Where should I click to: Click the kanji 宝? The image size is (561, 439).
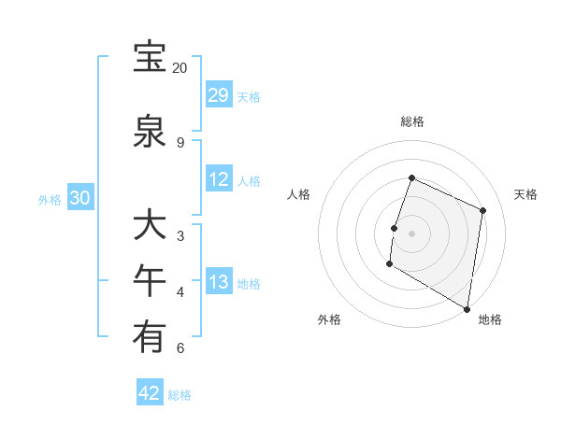pyautogui.click(x=150, y=58)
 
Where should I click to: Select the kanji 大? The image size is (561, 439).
pyautogui.click(x=150, y=226)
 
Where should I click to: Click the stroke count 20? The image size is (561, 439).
pyautogui.click(x=180, y=68)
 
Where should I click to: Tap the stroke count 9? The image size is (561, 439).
pyautogui.click(x=180, y=143)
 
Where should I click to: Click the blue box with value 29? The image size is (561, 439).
pyautogui.click(x=219, y=95)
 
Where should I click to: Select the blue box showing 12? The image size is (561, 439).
pyautogui.click(x=219, y=179)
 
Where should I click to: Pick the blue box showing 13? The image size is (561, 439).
pyautogui.click(x=219, y=282)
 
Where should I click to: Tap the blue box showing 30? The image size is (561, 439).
pyautogui.click(x=79, y=198)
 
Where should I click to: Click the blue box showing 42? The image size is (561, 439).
pyautogui.click(x=150, y=393)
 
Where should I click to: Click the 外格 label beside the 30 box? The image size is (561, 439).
pyautogui.click(x=50, y=199)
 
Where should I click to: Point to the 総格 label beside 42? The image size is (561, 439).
pyautogui.click(x=180, y=395)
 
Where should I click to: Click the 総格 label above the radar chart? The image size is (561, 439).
pyautogui.click(x=411, y=121)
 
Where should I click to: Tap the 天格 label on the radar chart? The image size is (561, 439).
pyautogui.click(x=526, y=194)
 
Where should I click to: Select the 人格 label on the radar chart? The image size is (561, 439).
pyautogui.click(x=299, y=194)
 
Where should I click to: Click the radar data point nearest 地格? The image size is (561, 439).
pyautogui.click(x=467, y=308)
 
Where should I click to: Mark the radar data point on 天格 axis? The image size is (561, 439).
pyautogui.click(x=483, y=210)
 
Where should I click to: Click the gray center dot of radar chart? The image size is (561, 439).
pyautogui.click(x=411, y=234)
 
